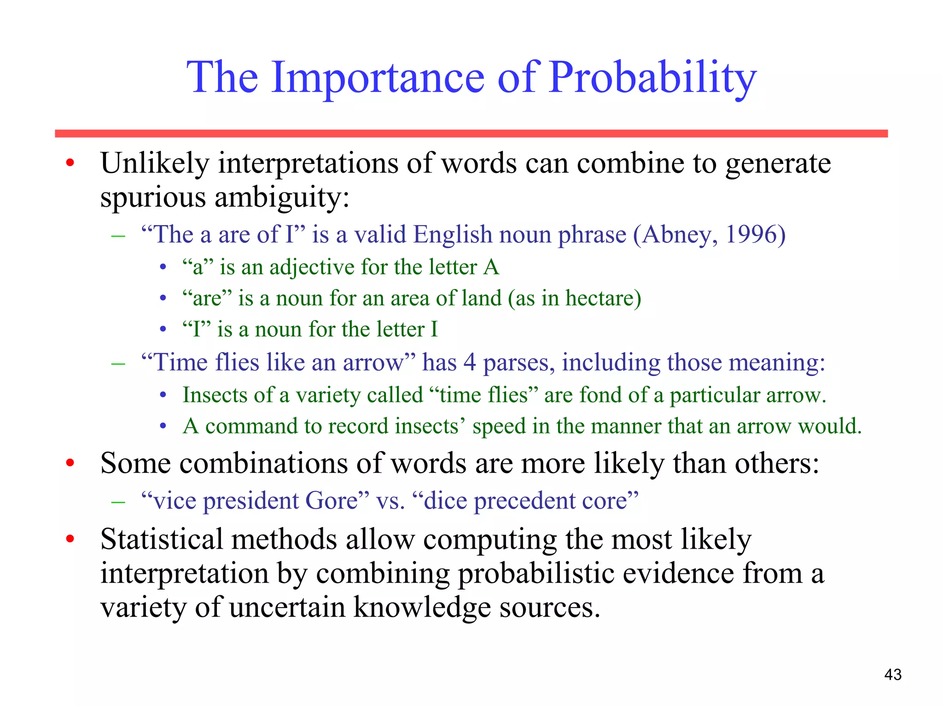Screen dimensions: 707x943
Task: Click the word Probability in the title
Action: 652,78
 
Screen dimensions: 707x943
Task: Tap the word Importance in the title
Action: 378,78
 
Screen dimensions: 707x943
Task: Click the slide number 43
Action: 893,674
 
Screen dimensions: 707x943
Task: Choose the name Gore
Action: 331,501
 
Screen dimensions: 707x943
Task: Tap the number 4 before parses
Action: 469,362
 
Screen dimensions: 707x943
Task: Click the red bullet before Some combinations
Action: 70,463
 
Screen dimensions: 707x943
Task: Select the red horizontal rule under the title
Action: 471,133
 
